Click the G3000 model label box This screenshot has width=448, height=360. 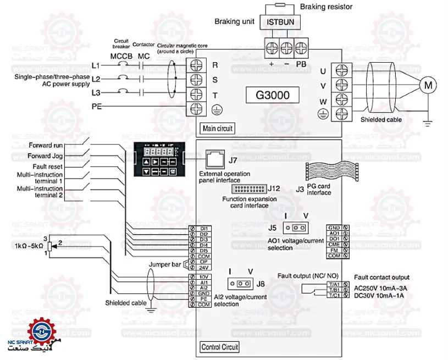[x=273, y=95]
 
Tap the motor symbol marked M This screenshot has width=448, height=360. [x=427, y=85]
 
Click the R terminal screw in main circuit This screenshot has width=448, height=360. [x=195, y=65]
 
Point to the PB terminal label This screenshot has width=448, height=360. [x=301, y=63]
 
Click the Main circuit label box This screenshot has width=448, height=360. [x=218, y=129]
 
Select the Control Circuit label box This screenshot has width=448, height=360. [x=220, y=347]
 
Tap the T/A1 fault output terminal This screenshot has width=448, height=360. [x=333, y=284]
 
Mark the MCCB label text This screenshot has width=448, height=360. [x=121, y=56]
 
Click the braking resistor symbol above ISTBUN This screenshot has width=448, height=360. [x=280, y=4]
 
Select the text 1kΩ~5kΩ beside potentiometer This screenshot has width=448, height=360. [x=30, y=246]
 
